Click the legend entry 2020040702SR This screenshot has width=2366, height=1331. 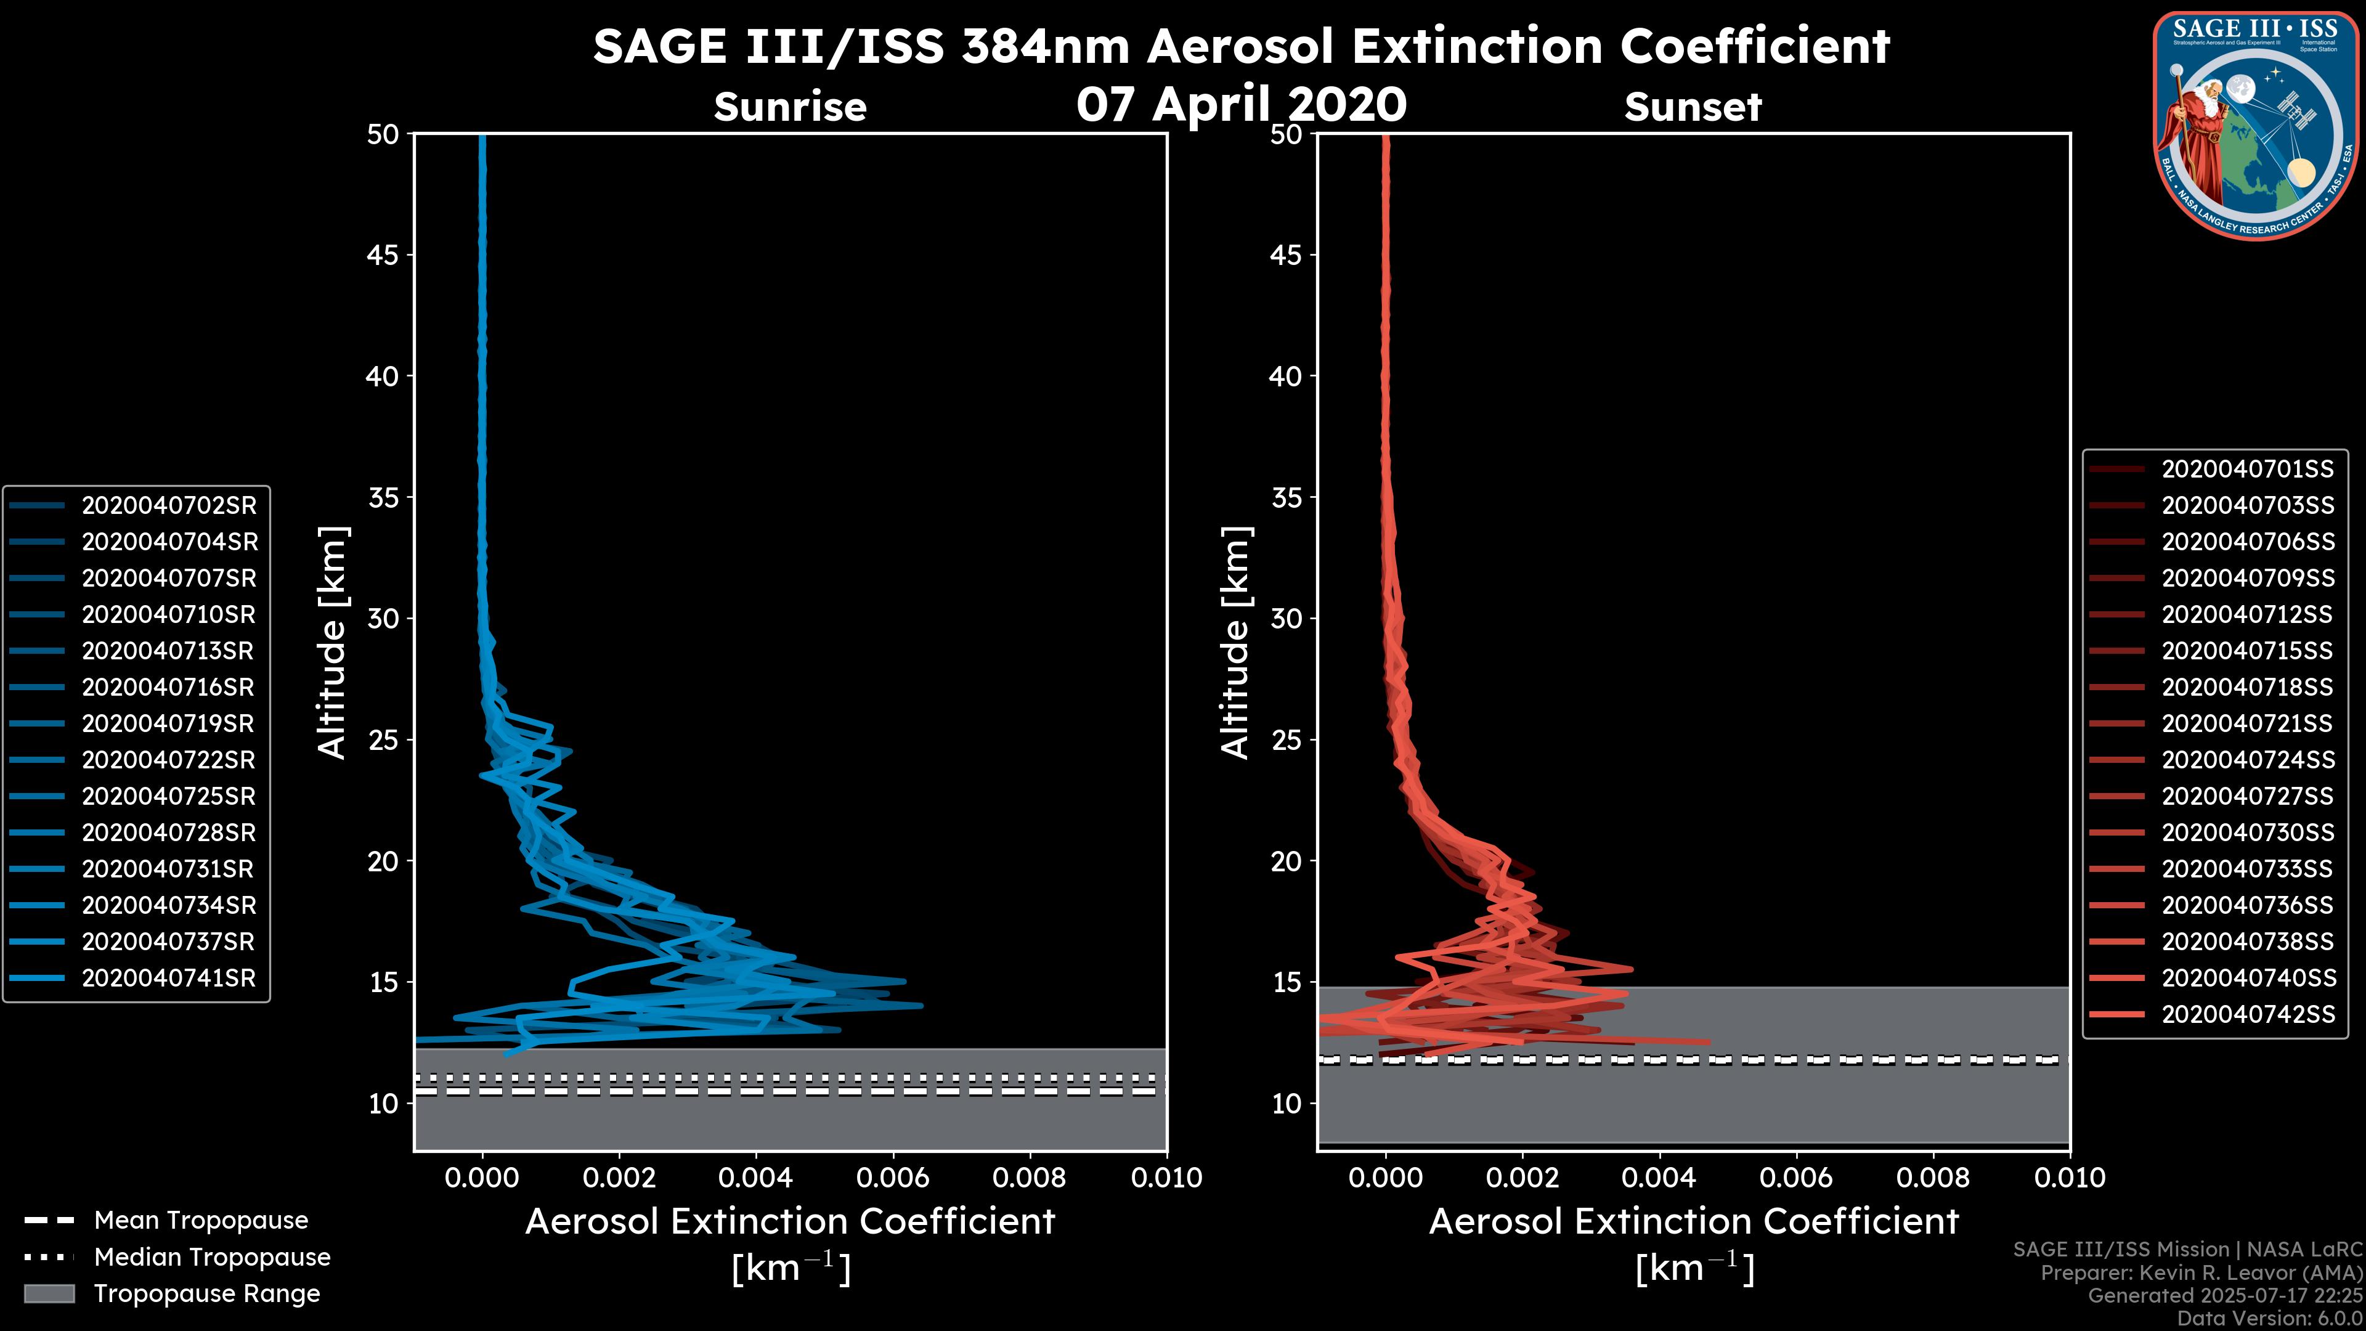point(169,505)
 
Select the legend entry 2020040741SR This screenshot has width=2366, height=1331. point(169,979)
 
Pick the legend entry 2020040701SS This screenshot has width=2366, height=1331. point(2246,470)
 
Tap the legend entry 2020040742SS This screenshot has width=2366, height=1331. point(2246,1014)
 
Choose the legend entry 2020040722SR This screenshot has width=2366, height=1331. point(169,760)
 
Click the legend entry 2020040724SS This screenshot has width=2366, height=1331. point(2246,760)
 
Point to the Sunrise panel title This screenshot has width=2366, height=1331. point(790,107)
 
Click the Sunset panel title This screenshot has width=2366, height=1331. point(1693,107)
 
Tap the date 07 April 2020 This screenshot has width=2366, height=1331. point(1241,104)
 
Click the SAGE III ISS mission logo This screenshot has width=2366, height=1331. point(2256,125)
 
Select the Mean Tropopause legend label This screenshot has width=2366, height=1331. point(201,1220)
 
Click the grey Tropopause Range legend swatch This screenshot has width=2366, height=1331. point(49,1293)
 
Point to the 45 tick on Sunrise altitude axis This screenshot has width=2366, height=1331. point(383,254)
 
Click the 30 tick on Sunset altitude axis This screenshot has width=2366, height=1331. point(1286,618)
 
